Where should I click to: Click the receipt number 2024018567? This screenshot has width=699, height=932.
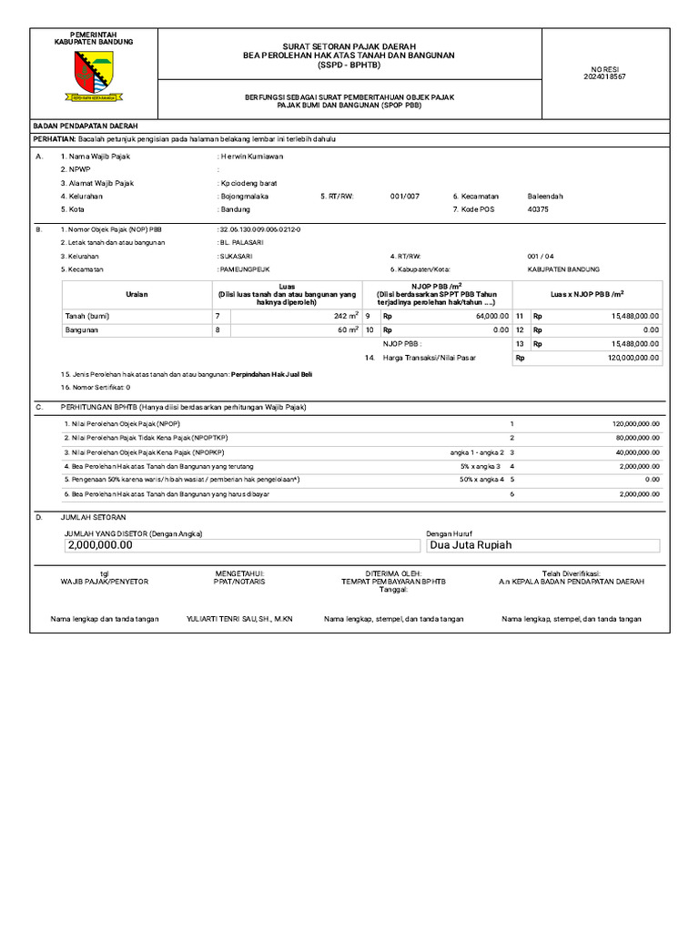coord(605,76)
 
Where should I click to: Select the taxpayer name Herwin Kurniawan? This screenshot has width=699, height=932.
coord(252,157)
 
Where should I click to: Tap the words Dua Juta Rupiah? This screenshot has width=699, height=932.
coord(471,545)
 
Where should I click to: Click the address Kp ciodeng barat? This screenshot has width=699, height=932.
coord(248,183)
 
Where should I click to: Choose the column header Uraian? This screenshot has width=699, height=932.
coord(137,294)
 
